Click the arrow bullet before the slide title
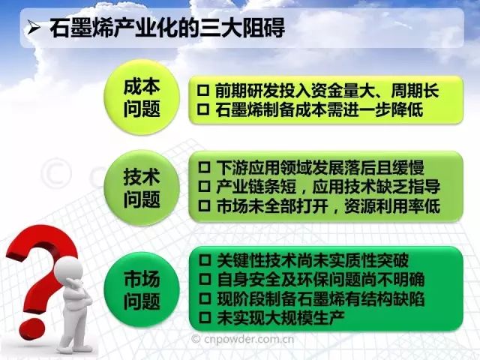(34, 28)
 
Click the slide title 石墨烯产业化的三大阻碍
(167, 28)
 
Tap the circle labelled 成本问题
(142, 97)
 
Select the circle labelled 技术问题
(142, 188)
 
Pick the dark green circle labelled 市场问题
(142, 289)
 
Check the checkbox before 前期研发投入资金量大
(203, 90)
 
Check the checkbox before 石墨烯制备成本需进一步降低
(203, 109)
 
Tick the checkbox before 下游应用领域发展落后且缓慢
(205, 167)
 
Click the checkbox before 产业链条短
(205, 187)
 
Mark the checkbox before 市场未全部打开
(205, 205)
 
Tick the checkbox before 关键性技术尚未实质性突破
(205, 260)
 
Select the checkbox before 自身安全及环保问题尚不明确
(205, 279)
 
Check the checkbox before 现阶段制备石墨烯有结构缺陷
(205, 298)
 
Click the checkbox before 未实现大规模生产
(205, 317)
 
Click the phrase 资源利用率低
(392, 206)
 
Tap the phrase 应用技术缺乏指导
(376, 187)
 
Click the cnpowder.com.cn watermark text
(243, 339)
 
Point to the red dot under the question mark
(32, 328)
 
